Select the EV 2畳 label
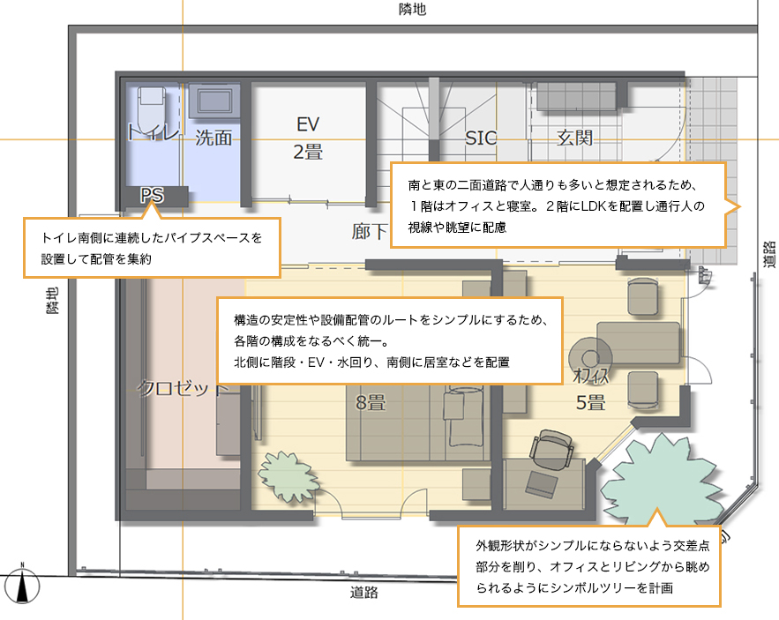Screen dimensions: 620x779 coord(308,138)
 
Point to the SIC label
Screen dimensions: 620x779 coord(481,138)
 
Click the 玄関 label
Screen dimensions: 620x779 coord(574,138)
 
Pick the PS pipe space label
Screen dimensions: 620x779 coord(152,195)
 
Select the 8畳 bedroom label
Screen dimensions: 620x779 coord(371,403)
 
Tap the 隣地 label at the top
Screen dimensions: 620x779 coord(412,11)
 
